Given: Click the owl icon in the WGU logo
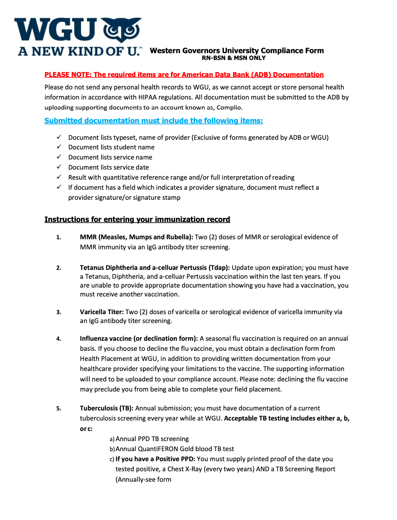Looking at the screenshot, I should pyautogui.click(x=122, y=29).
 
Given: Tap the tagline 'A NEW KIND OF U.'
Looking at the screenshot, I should pyautogui.click(x=79, y=52).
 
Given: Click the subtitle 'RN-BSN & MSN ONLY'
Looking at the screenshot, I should pyautogui.click(x=234, y=58).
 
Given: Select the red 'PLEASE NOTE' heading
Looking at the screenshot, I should pyautogui.click(x=184, y=75).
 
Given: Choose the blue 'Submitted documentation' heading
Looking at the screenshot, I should pyautogui.click(x=153, y=121).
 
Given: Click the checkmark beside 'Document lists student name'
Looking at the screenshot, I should pyautogui.click(x=59, y=147).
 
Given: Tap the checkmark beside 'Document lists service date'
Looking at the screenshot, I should pyautogui.click(x=59, y=167).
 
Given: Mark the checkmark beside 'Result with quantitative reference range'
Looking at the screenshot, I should pyautogui.click(x=59, y=177).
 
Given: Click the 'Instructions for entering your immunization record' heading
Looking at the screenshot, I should pyautogui.click(x=137, y=220).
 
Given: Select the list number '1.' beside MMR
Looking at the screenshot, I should pyautogui.click(x=59, y=237).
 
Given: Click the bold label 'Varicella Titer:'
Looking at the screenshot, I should pyautogui.click(x=101, y=312).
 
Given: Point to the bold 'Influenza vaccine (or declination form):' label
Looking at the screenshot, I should pyautogui.click(x=139, y=338).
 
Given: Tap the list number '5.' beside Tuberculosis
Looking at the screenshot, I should pyautogui.click(x=59, y=408).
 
